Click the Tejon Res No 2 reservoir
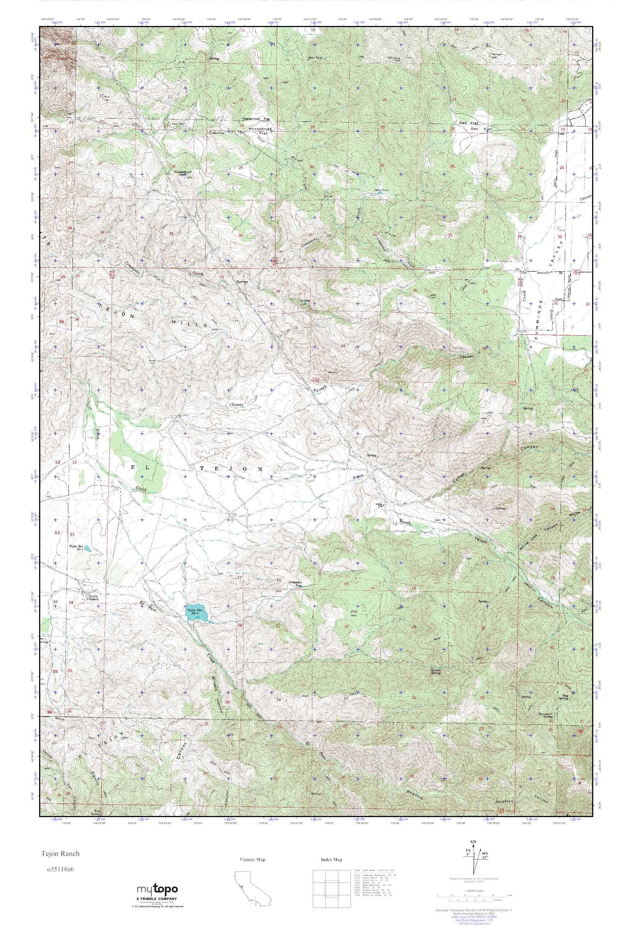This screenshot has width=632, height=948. (196, 613)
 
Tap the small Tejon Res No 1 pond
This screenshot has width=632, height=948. (88, 549)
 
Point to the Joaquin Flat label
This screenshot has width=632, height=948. (295, 584)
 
